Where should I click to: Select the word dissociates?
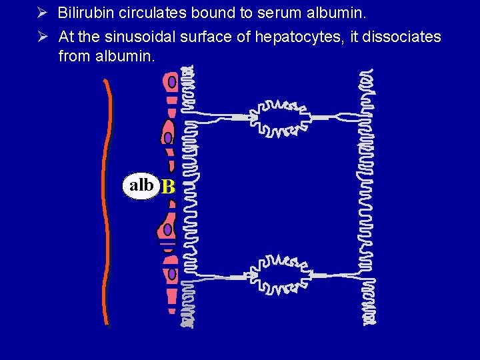tap(401, 37)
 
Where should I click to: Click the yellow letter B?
tap(168, 188)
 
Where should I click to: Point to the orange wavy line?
tap(106, 200)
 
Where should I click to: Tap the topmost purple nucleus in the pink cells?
tap(172, 81)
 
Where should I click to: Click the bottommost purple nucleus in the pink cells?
tap(172, 273)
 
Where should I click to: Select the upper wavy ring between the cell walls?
tap(283, 118)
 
